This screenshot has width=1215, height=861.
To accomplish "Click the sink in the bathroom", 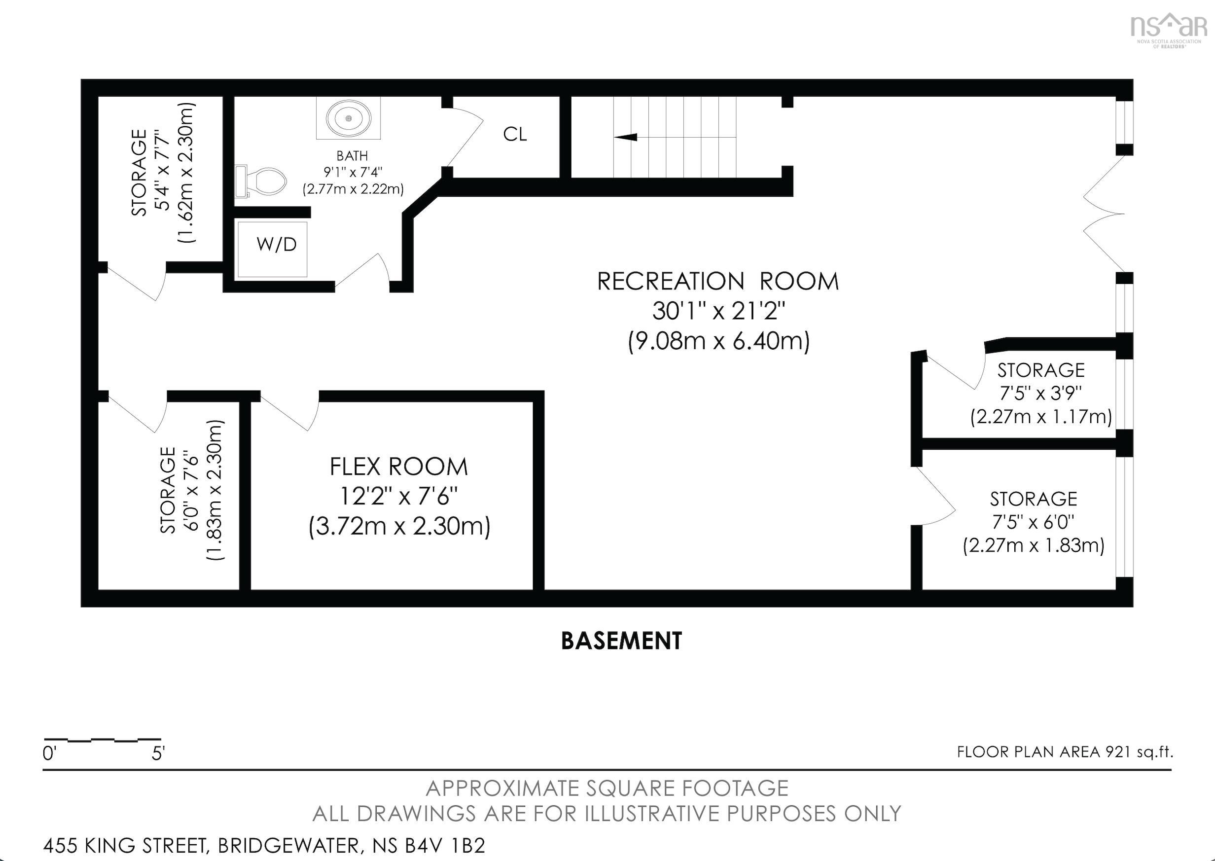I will tap(348, 119).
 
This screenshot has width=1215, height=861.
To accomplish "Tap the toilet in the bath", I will tap(265, 181).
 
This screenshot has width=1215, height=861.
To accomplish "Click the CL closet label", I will tap(515, 135).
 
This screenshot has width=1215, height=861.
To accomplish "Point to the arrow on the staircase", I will tap(626, 137).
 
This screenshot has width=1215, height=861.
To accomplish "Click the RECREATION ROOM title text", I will tap(718, 282).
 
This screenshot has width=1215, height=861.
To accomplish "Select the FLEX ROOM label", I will tap(398, 467).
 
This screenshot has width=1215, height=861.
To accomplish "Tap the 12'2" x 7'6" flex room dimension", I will tap(398, 497).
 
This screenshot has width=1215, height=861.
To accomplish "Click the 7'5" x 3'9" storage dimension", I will tap(1040, 394).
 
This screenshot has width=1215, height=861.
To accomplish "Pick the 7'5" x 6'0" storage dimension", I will tap(1033, 522).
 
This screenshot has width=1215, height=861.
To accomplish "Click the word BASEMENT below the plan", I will tap(621, 641).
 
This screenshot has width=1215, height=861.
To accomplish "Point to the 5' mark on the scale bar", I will tap(158, 753).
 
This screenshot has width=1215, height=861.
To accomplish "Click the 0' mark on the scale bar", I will tap(49, 753).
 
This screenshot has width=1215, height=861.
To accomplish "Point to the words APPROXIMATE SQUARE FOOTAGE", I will tap(607, 789).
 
